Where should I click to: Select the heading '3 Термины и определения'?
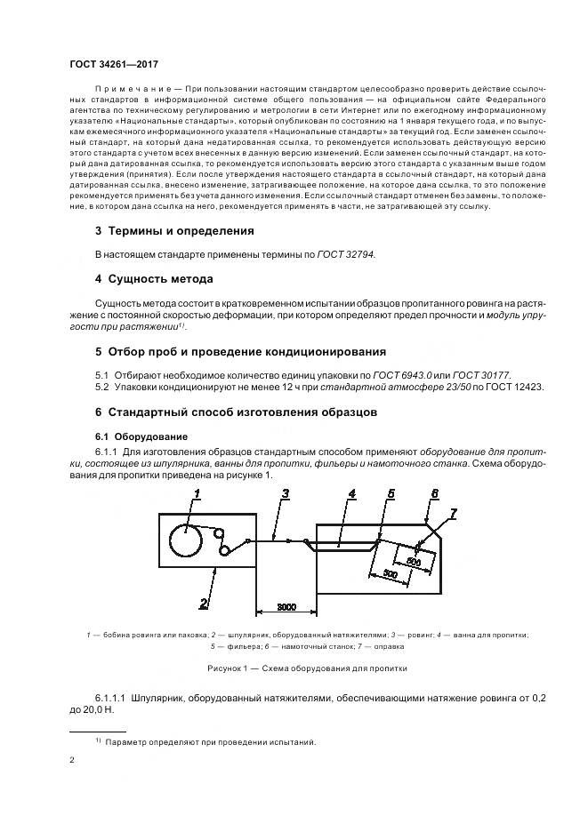click(174, 230)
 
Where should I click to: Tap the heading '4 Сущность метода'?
click(154, 279)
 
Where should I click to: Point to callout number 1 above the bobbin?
click(197, 492)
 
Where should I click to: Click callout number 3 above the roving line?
click(284, 493)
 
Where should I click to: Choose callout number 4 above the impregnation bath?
click(351, 493)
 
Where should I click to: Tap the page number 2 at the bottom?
click(73, 761)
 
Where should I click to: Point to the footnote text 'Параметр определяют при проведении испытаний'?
click(212, 742)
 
